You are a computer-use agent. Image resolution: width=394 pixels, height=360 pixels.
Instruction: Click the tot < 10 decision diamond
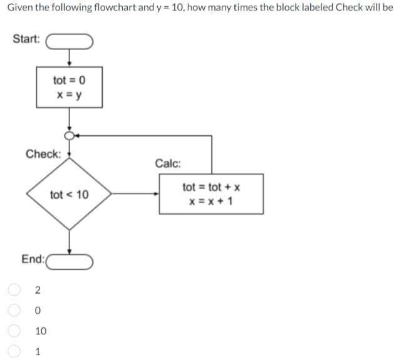(x=69, y=195)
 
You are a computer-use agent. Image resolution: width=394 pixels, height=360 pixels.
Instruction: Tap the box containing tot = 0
(x=69, y=87)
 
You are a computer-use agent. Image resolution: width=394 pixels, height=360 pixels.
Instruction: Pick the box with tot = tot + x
(x=211, y=194)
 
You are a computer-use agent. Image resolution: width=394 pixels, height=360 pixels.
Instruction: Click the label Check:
(x=43, y=154)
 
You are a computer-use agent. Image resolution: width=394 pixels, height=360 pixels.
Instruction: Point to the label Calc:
(x=168, y=164)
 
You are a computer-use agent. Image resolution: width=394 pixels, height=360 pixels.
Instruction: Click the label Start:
(x=26, y=39)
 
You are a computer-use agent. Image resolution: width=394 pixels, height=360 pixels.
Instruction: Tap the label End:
(x=33, y=259)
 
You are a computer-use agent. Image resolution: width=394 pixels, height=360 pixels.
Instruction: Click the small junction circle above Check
(x=69, y=135)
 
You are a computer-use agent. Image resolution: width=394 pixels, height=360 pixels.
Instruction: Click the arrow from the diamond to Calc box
(x=135, y=194)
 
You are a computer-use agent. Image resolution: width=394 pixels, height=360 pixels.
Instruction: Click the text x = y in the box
(x=69, y=96)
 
